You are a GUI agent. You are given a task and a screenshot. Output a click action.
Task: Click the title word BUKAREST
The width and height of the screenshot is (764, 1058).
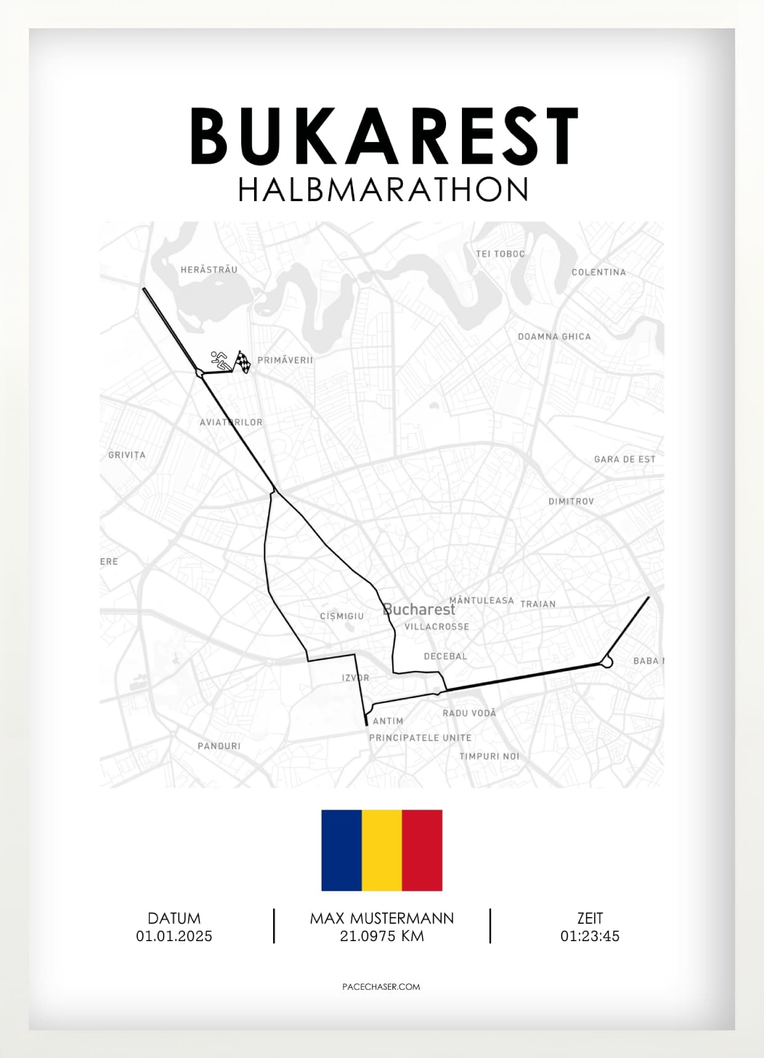[384, 137]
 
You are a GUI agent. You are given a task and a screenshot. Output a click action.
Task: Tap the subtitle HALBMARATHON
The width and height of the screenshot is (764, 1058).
[383, 190]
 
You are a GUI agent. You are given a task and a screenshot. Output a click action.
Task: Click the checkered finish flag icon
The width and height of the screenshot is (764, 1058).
[244, 362]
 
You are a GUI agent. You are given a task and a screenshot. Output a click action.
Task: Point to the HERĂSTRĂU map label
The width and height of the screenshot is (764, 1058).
[209, 269]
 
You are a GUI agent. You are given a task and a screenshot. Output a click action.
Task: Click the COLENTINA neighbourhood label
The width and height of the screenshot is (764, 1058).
[598, 272]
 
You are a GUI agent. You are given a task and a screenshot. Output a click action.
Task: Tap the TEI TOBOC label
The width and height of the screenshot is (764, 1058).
[500, 253]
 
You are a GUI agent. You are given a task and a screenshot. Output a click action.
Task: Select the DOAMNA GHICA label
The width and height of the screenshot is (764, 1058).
[554, 336]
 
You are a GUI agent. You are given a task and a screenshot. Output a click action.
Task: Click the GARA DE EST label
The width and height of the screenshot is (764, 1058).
[624, 459]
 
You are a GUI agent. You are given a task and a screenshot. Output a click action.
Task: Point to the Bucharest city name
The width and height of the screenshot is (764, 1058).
[419, 610]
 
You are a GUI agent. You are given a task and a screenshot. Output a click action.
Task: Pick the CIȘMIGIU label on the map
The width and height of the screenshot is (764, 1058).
[341, 616]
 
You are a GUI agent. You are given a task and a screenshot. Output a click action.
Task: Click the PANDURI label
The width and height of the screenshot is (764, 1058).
[219, 746]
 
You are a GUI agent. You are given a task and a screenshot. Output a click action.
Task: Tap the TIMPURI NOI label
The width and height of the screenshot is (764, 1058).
[489, 756]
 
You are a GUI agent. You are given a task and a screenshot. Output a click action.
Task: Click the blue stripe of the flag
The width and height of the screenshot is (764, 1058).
[341, 850]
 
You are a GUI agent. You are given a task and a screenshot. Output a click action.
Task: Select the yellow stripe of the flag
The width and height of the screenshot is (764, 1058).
[382, 850]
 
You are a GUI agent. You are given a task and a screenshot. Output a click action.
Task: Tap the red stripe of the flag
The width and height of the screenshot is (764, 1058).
[422, 850]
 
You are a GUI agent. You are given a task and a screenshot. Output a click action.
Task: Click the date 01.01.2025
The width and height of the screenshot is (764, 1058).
[174, 936]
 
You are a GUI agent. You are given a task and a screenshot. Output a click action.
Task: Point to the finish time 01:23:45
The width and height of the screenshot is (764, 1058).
[589, 936]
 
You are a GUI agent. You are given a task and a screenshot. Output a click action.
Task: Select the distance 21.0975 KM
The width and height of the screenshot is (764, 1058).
[381, 936]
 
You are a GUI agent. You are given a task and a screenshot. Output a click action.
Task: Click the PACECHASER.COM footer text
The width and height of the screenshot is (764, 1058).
[381, 987]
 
